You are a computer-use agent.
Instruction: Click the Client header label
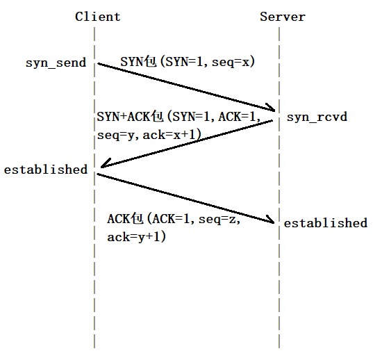coord(98,17)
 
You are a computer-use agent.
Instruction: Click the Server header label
coord(283,17)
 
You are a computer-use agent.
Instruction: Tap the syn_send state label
coord(56,63)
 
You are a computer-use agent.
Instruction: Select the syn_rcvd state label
coord(317,117)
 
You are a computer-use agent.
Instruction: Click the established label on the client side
coord(46,170)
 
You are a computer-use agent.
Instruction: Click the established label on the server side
coord(326,223)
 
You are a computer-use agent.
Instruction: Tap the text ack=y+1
coord(133,237)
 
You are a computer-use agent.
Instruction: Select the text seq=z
coord(217,219)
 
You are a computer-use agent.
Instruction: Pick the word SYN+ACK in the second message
coord(123,117)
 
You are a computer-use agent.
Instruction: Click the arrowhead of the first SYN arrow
coord(275,111)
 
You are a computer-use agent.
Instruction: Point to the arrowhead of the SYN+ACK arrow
coord(101,167)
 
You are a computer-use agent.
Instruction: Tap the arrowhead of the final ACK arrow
coord(274,222)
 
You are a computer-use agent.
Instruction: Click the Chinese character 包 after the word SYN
coord(150,62)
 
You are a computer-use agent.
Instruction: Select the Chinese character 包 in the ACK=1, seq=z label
coord(138,219)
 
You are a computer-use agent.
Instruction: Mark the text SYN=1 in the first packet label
coord(183,62)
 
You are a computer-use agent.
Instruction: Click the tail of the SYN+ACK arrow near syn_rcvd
coord(272,121)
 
